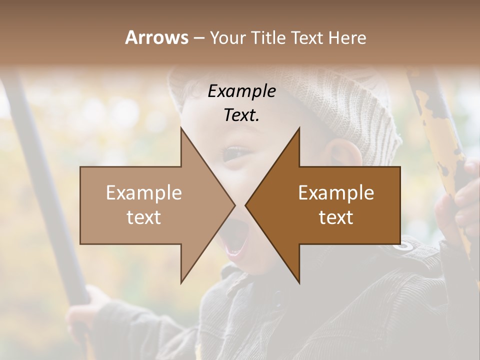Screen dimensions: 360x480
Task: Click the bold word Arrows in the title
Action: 156,37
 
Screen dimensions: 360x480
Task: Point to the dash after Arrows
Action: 198,38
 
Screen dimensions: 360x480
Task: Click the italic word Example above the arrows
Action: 242,91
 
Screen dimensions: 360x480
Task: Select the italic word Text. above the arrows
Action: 242,115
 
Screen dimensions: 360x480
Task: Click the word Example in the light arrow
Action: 144,192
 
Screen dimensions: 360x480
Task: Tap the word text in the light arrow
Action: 144,217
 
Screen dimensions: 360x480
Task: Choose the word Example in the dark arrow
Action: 336,192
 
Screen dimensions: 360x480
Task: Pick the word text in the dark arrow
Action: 336,217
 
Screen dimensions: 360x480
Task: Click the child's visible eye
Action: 236,152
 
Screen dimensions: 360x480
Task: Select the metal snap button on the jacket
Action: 406,245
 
